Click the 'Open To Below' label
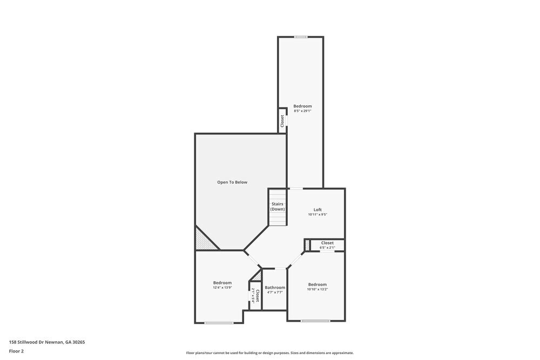[232, 182]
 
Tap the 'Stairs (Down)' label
[278, 207]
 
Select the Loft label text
[318, 209]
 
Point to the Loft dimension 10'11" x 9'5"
[318, 215]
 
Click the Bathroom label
[275, 288]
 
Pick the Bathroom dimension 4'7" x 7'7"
[275, 293]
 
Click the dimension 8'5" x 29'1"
[302, 111]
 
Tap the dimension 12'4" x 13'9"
[222, 288]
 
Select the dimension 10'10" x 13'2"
[318, 289]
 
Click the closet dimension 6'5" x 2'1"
[327, 248]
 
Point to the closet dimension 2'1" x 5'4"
[253, 296]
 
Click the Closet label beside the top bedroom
[282, 120]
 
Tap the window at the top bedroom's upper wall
[301, 37]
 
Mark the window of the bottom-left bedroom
[219, 323]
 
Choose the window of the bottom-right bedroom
[315, 321]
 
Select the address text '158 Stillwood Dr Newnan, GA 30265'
[47, 342]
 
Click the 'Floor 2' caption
[16, 351]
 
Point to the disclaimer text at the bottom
[270, 353]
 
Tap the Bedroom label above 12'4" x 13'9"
[222, 283]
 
